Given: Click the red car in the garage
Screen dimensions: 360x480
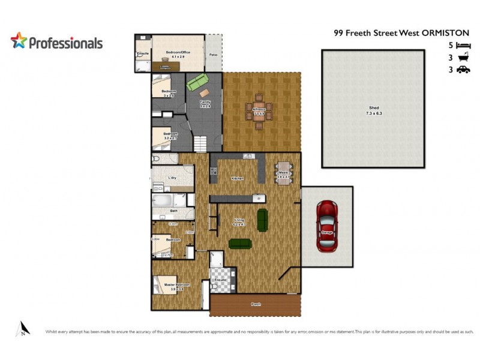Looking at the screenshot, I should [326, 226].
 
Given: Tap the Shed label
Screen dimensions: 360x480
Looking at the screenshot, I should [374, 110].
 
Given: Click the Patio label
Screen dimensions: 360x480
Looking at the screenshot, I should [213, 56].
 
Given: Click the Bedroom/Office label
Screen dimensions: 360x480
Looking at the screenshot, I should [178, 52].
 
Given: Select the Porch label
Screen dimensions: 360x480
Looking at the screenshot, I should [256, 305].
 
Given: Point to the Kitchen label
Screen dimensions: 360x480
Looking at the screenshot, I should [237, 178].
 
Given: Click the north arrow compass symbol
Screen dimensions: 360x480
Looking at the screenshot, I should [23, 328].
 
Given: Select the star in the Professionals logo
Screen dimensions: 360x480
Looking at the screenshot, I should [19, 41].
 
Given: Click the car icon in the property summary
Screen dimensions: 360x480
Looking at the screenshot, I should [463, 70].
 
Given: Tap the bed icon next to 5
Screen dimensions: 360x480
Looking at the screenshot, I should [463, 45].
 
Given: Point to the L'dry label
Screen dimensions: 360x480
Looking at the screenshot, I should [172, 178].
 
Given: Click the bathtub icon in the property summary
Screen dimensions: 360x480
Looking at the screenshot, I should [463, 58].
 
